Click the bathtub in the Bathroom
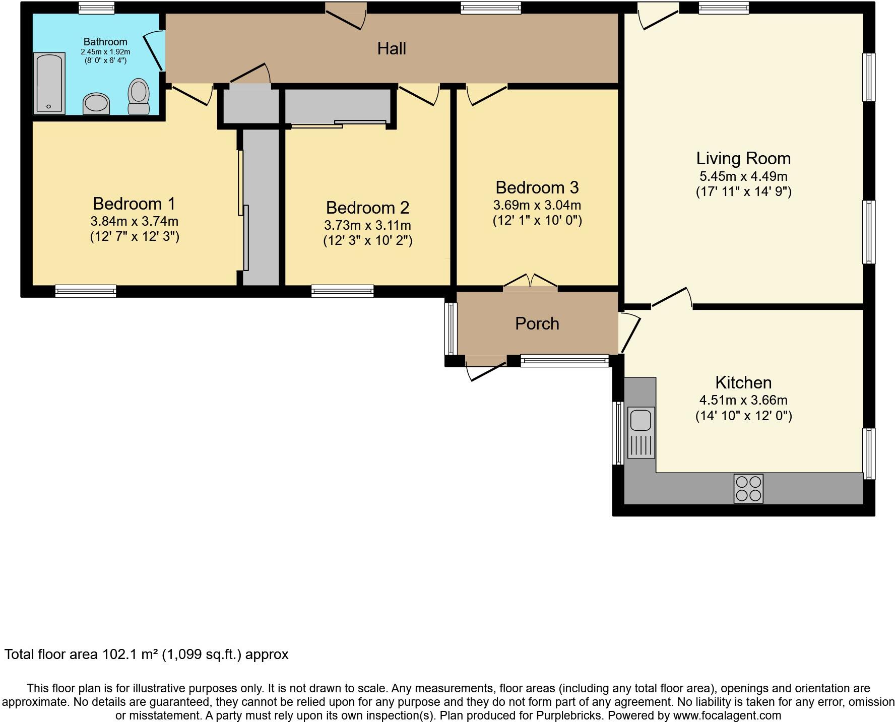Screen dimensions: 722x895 point(49,83)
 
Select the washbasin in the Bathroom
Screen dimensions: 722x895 point(96,103)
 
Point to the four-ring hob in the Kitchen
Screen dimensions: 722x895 point(748,488)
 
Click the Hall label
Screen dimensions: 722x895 point(392,49)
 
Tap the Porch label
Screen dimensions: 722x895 point(537,323)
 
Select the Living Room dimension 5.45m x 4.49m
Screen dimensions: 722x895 point(743,176)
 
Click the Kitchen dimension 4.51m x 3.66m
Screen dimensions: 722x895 point(743,400)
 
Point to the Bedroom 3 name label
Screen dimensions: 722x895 point(537,187)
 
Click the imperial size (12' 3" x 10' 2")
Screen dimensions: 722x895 point(367,240)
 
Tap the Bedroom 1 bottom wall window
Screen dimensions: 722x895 point(86,291)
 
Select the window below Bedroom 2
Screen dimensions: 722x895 point(342,291)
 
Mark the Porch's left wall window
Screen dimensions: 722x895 point(451,329)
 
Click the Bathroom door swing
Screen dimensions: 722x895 point(154,50)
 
